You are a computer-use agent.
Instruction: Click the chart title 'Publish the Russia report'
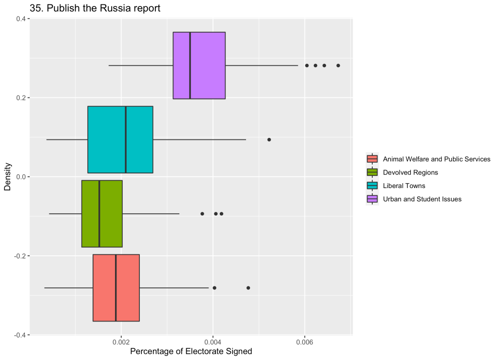pyautogui.click(x=95, y=8)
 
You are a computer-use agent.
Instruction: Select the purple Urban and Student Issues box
pyautogui.click(x=199, y=65)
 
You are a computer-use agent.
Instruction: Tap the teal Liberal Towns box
pyautogui.click(x=120, y=139)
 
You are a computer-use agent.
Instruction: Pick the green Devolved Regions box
pyautogui.click(x=102, y=213)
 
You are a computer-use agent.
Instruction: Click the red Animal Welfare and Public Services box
pyautogui.click(x=116, y=287)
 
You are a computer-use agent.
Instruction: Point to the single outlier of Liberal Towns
pyautogui.click(x=269, y=139)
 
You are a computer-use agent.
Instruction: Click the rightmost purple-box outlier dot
pyautogui.click(x=338, y=65)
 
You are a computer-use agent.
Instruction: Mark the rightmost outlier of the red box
pyautogui.click(x=248, y=287)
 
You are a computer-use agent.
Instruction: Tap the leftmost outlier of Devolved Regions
pyautogui.click(x=202, y=213)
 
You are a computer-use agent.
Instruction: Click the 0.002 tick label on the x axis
pyautogui.click(x=121, y=342)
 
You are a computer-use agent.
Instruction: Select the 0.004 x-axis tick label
pyautogui.click(x=213, y=342)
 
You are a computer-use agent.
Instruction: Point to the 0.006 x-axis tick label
pyautogui.click(x=305, y=342)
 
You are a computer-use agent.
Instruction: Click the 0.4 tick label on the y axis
pyautogui.click(x=21, y=19)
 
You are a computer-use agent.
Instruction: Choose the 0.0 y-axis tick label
pyautogui.click(x=21, y=177)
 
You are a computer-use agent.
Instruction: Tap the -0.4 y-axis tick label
pyautogui.click(x=20, y=335)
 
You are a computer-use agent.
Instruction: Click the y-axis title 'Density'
pyautogui.click(x=7, y=177)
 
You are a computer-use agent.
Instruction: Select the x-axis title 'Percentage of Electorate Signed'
pyautogui.click(x=191, y=352)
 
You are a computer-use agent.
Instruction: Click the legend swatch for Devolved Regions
pyautogui.click(x=372, y=172)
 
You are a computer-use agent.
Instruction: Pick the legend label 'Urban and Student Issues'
pyautogui.click(x=422, y=199)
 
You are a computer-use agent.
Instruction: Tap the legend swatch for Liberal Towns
pyautogui.click(x=372, y=186)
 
